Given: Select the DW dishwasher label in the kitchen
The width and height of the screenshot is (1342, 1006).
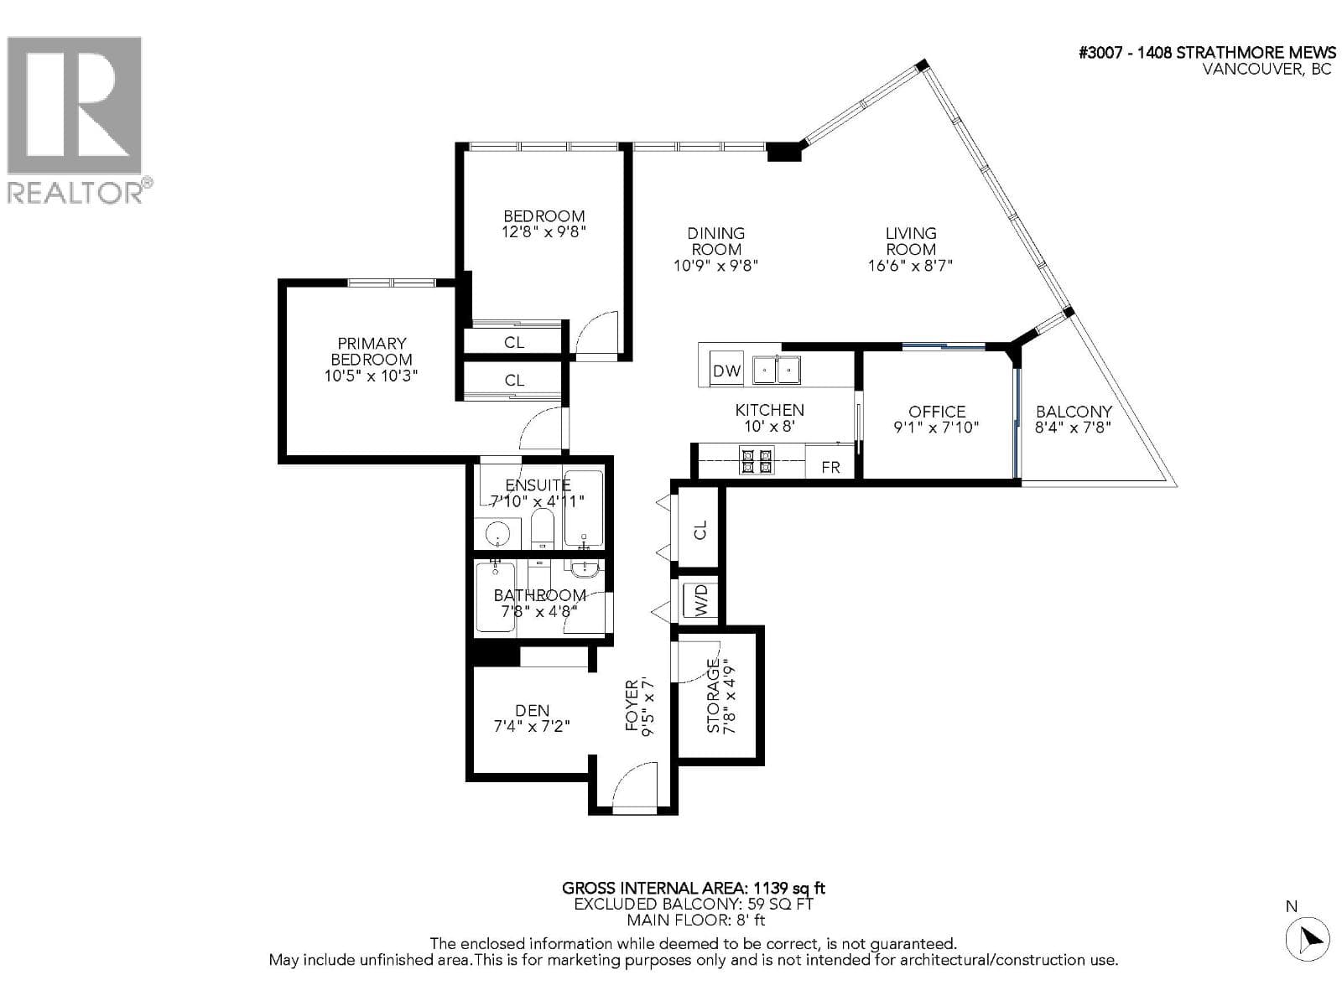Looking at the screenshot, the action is (726, 371).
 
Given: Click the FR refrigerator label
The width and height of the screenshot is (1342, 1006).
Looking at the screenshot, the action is (830, 467).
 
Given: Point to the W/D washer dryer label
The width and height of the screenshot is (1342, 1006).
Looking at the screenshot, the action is (700, 599).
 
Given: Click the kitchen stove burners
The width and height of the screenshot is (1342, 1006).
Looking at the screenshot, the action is (757, 460).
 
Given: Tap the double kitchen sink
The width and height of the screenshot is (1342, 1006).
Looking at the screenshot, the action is (776, 370).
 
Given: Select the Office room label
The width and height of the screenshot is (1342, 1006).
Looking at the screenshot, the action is (936, 411).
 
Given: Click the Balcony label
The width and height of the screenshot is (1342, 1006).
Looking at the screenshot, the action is (1073, 411).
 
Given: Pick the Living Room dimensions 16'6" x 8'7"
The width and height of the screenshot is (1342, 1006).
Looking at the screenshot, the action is (910, 266).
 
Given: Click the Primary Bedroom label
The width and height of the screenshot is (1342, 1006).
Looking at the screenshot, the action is (371, 351).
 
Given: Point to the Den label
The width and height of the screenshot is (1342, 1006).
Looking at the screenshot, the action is (532, 710).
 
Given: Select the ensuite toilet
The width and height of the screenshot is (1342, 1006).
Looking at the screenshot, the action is (542, 529).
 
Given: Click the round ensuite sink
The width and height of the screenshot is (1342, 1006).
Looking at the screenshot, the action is (499, 535).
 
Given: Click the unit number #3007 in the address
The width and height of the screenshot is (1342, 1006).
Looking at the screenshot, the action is (1100, 53).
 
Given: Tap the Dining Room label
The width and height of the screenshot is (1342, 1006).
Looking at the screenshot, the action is (715, 241).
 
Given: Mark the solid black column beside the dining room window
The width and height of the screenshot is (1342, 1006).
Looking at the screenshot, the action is (783, 152).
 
